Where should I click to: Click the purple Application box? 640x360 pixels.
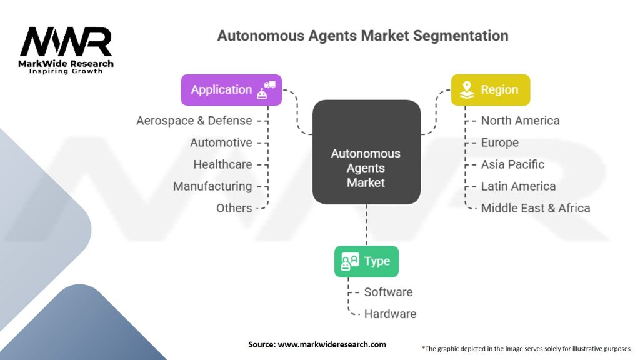[231, 90]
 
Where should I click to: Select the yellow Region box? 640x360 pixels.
[491, 90]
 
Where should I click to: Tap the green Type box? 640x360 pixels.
[366, 261]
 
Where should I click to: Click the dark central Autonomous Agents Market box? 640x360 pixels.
[366, 152]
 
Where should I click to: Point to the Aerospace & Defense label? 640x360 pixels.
[194, 121]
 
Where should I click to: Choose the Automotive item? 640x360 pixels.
[221, 142]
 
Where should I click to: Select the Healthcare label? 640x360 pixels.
[223, 164]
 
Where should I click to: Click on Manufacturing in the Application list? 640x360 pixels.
[212, 186]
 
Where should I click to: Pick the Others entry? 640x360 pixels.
[234, 208]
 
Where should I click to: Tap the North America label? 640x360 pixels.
[521, 121]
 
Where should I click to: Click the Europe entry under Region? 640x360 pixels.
[500, 143]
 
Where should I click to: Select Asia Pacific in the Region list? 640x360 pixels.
[512, 164]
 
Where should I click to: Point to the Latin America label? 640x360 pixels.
[518, 186]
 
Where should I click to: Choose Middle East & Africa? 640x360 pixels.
[536, 208]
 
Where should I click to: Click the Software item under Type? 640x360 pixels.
[389, 292]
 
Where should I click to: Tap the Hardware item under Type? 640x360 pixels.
[390, 314]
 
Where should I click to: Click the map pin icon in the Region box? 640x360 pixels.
[467, 90]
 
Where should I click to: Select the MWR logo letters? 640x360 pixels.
[66, 42]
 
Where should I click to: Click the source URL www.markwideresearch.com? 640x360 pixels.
[332, 344]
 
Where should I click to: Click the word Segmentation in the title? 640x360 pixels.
[461, 36]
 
